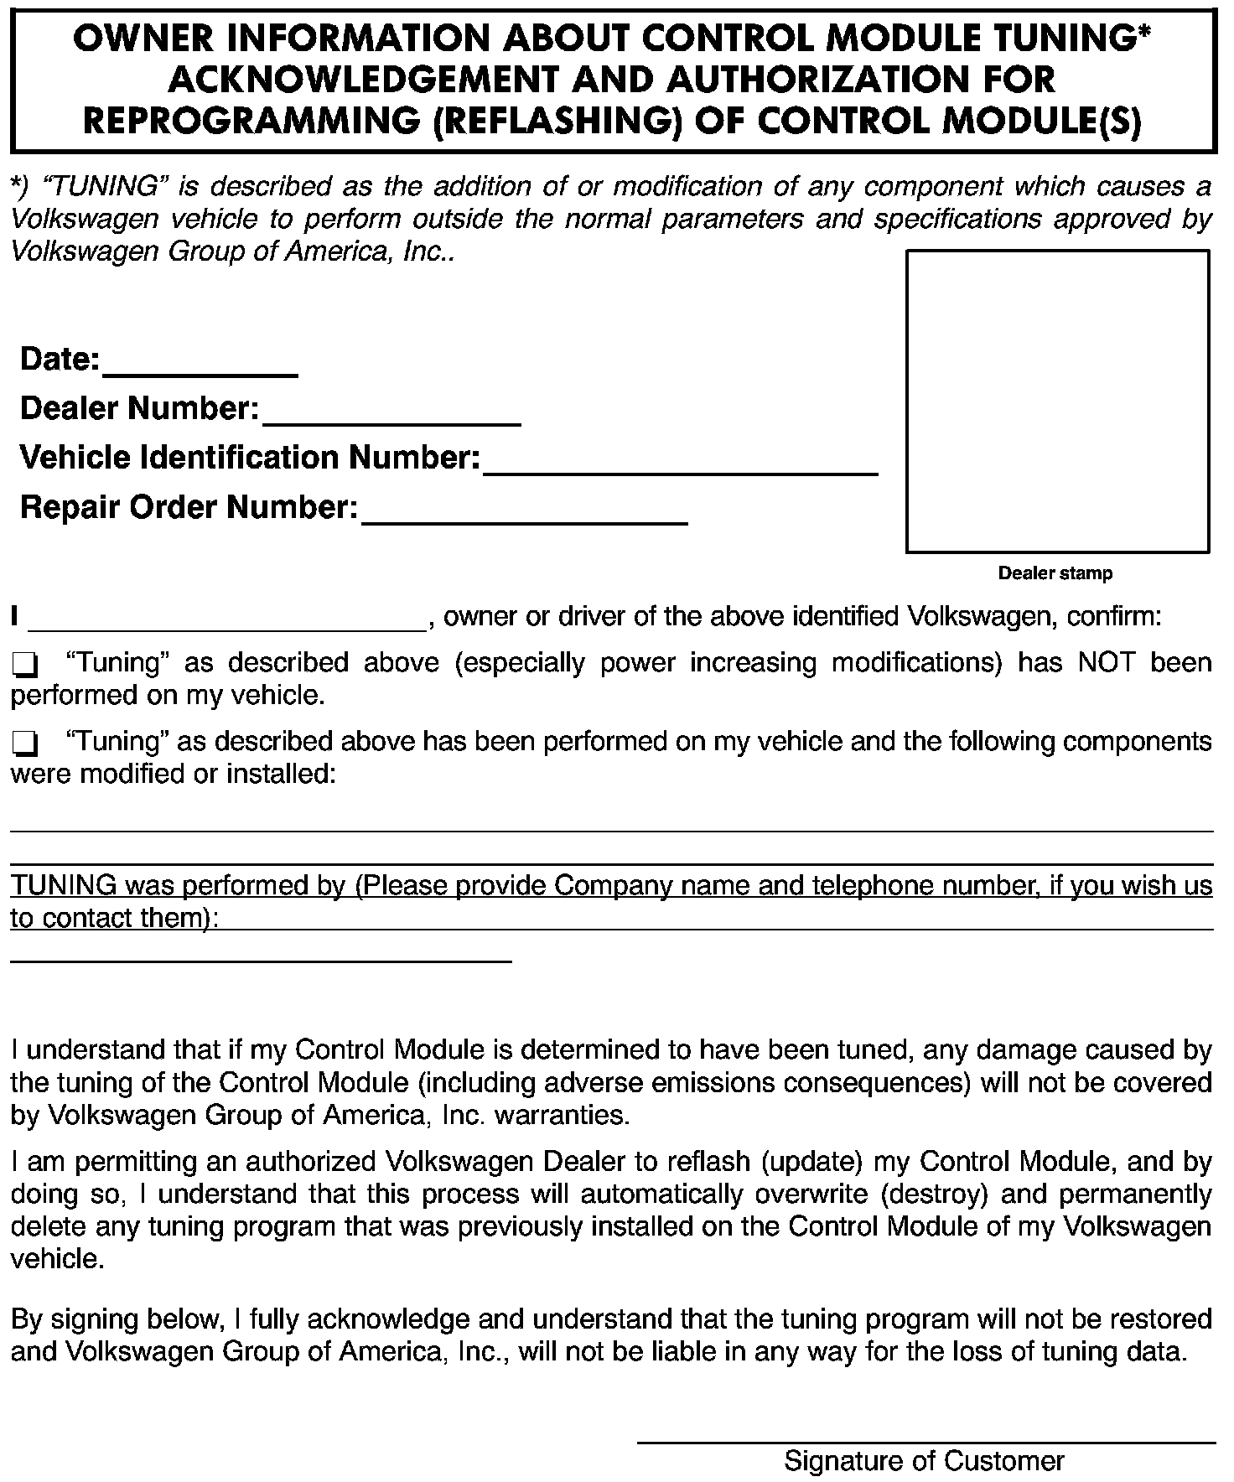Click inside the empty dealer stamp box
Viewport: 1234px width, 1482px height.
[1057, 402]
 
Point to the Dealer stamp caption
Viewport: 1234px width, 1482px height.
[1055, 574]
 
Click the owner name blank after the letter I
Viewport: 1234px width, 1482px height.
[227, 620]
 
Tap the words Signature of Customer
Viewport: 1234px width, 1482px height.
[924, 1461]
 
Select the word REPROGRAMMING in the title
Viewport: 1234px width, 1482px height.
[251, 122]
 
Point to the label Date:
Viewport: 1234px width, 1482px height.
[60, 360]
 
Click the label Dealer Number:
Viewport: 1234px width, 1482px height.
[139, 409]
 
